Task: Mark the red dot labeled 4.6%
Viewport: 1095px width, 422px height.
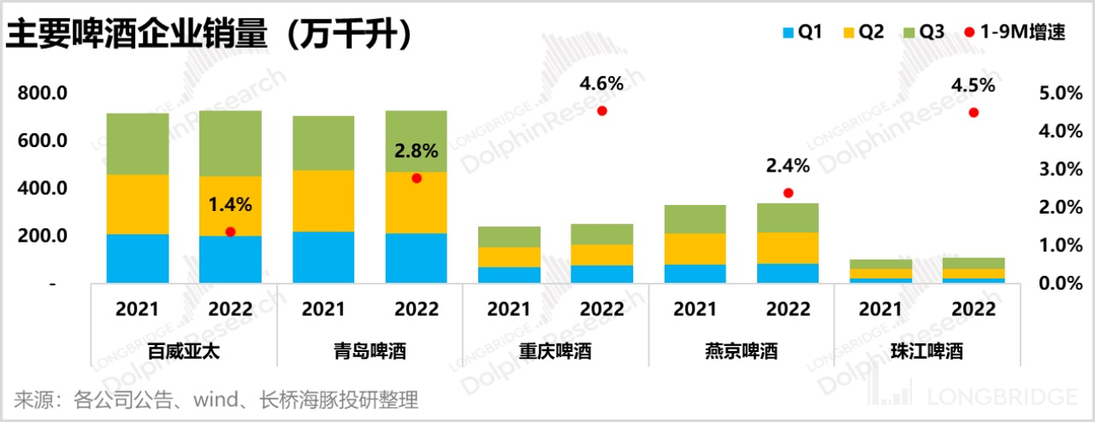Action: [x=602, y=110]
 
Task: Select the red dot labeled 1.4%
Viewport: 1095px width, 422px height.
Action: [x=230, y=232]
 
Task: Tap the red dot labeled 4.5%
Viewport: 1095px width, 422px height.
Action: [x=973, y=112]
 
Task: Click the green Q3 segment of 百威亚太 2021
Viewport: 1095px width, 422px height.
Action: [x=138, y=144]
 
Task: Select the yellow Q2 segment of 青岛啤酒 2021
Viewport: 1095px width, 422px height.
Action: [x=323, y=201]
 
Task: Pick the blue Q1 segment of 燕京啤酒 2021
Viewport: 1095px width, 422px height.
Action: [x=695, y=273]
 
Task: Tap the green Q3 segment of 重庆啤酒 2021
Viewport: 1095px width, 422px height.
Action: [x=509, y=237]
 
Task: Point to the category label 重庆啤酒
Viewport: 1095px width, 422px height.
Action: [x=555, y=351]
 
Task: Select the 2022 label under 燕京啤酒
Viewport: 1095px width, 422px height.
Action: [x=788, y=308]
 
